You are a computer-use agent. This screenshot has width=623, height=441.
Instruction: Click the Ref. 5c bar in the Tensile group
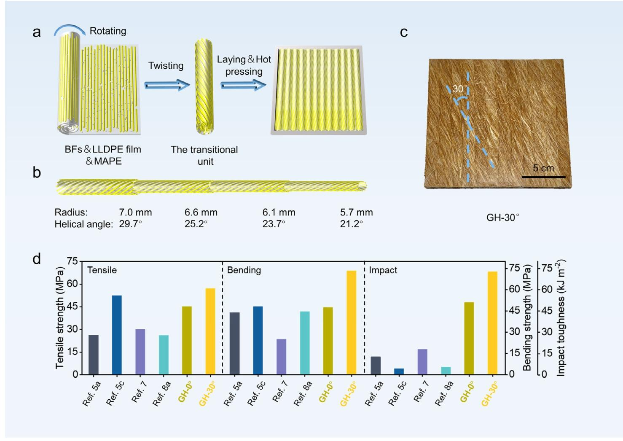pyautogui.click(x=117, y=335)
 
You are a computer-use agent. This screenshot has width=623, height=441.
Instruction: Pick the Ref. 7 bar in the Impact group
pyautogui.click(x=422, y=362)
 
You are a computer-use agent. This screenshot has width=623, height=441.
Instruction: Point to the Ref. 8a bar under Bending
pyautogui.click(x=305, y=343)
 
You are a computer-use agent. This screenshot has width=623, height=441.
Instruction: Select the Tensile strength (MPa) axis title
pyautogui.click(x=60, y=317)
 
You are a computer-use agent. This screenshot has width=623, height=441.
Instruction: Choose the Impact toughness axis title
pyautogui.click(x=560, y=318)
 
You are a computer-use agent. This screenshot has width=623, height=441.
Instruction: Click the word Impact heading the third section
pyautogui.click(x=383, y=270)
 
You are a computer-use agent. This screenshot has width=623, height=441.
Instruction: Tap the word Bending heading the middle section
pyautogui.click(x=244, y=270)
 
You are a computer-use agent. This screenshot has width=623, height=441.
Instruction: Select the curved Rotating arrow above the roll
pyautogui.click(x=70, y=29)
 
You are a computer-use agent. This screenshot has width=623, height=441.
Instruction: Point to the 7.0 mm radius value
pyautogui.click(x=135, y=212)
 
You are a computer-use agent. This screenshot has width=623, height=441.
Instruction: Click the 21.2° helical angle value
pyautogui.click(x=351, y=224)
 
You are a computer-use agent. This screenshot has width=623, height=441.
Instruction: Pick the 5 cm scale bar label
pyautogui.click(x=543, y=168)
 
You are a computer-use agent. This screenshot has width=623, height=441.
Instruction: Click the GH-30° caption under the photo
pyautogui.click(x=502, y=218)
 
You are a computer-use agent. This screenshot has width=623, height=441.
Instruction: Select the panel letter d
pyautogui.click(x=37, y=258)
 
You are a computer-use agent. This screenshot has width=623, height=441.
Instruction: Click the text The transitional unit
pyautogui.click(x=204, y=156)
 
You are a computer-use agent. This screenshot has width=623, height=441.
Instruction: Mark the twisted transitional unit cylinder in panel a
pyautogui.click(x=204, y=87)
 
